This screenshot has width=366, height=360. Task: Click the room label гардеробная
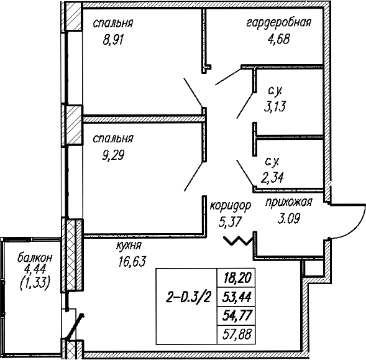279,23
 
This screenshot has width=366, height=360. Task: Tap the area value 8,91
112,39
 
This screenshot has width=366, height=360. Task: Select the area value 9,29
113,155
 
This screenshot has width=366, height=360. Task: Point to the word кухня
129,246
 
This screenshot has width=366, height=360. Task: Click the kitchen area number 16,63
132,261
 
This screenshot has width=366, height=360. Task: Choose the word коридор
231,206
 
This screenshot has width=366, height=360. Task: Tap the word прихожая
289,202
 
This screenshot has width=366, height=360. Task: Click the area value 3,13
275,106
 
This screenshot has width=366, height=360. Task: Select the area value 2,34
272,178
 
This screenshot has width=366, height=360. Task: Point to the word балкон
35,258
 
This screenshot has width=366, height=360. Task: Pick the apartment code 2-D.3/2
188,297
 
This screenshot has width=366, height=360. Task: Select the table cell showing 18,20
236,277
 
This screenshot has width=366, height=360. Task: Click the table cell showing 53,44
236,297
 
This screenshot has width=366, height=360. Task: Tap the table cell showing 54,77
236,316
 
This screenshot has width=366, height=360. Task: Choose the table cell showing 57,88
236,335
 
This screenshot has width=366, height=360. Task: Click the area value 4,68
278,39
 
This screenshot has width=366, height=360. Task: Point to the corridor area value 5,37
230,222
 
